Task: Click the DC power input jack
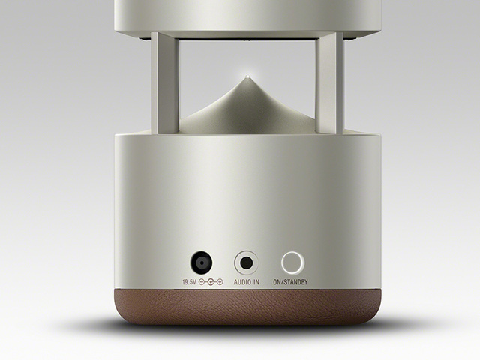pyautogui.click(x=202, y=262)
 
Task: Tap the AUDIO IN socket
pyautogui.click(x=247, y=262)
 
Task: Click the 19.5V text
pyautogui.click(x=189, y=282)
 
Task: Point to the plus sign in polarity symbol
pyautogui.click(x=220, y=282)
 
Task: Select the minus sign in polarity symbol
pyautogui.click(x=202, y=282)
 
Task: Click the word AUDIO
pyautogui.click(x=242, y=282)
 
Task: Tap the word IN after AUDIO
pyautogui.click(x=256, y=282)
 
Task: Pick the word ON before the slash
pyautogui.click(x=277, y=282)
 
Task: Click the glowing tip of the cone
pyautogui.click(x=247, y=76)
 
